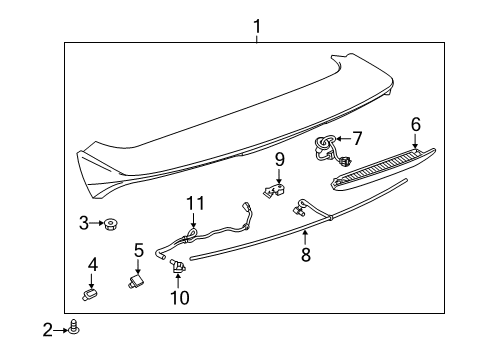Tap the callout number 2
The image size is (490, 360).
47,327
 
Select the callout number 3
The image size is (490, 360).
85,223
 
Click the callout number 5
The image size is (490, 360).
139,250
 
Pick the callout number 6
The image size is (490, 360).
416,125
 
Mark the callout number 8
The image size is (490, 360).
305,255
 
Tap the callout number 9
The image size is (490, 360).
280,158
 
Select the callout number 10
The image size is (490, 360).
179,298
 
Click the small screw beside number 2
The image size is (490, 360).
74,327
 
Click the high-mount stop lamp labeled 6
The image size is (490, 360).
385,166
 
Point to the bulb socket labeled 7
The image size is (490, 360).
328,146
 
